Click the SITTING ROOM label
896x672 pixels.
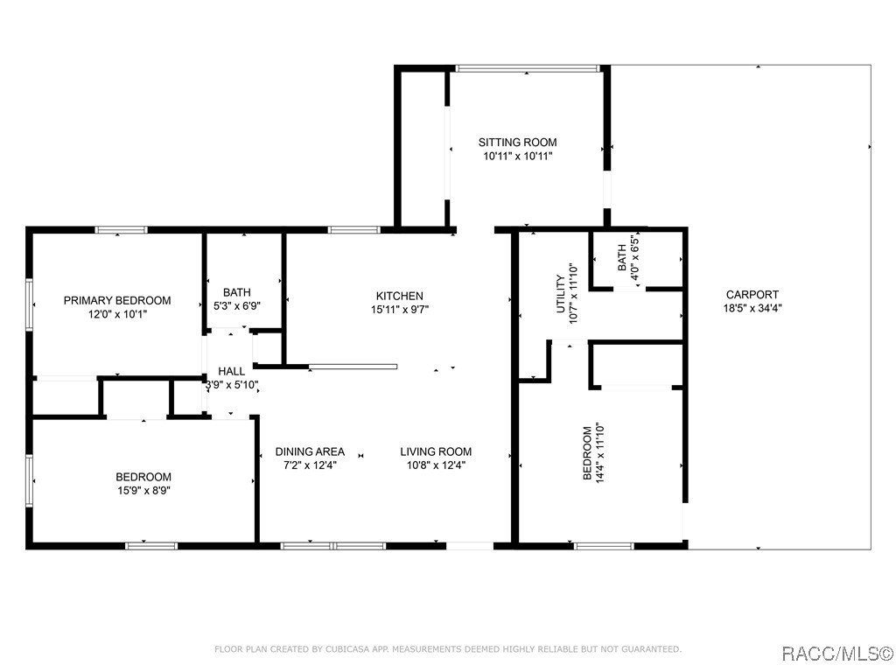[517, 142]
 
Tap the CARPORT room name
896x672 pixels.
[752, 295]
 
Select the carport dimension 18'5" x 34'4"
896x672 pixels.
[752, 308]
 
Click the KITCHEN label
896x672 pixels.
[400, 296]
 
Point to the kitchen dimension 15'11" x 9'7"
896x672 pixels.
[400, 309]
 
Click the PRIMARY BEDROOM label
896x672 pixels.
[117, 300]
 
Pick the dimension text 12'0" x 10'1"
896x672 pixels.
[117, 313]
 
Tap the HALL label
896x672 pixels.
[232, 371]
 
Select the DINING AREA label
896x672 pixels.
[310, 451]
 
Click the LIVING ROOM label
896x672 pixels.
[436, 451]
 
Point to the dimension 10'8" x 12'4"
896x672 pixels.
[436, 465]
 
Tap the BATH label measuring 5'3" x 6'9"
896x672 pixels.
[236, 292]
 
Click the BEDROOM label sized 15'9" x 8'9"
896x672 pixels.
[143, 477]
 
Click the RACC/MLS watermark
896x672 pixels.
[836, 654]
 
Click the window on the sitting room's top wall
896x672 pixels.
[528, 67]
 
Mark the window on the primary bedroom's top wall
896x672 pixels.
[121, 230]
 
